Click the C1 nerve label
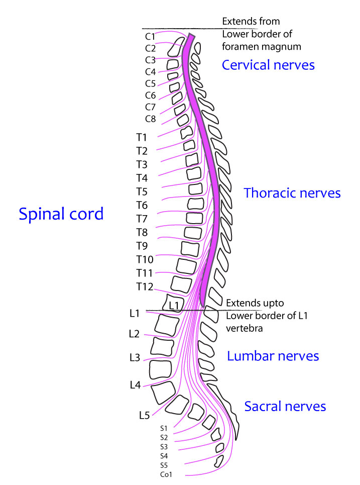(150, 37)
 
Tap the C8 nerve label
(150, 119)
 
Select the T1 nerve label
(141, 137)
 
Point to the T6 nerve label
(142, 205)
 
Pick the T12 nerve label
(144, 286)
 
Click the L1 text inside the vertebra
(174, 305)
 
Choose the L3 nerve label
(135, 358)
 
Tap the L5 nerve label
(144, 415)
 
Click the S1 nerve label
(164, 429)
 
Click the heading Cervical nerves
(268, 65)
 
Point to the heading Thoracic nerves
(292, 193)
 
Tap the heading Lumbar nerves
(273, 356)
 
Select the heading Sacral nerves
(285, 406)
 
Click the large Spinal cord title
(61, 214)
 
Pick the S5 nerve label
(164, 465)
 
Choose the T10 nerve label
(145, 259)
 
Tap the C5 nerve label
(150, 83)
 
